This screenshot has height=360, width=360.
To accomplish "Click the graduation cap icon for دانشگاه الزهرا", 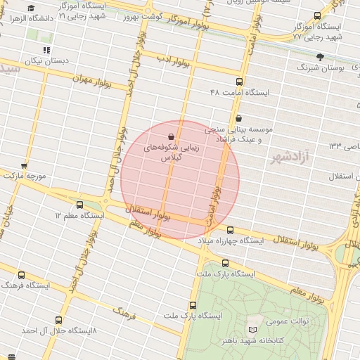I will (x=30, y=8).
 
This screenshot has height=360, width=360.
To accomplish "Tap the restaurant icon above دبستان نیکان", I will (x=46, y=50).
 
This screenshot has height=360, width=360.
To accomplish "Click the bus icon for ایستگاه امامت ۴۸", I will (x=239, y=82).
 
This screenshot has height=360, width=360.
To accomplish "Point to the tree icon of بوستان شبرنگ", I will (x=320, y=56).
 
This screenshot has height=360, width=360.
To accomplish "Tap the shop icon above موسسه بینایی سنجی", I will (x=239, y=117).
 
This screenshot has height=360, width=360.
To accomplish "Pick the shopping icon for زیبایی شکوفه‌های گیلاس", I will (x=172, y=135).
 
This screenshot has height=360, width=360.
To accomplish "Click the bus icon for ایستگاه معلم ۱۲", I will (x=79, y=205).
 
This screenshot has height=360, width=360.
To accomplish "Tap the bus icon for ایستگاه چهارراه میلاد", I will (x=230, y=229).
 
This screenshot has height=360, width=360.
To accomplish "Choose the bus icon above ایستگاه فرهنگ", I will (x=21, y=275).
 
